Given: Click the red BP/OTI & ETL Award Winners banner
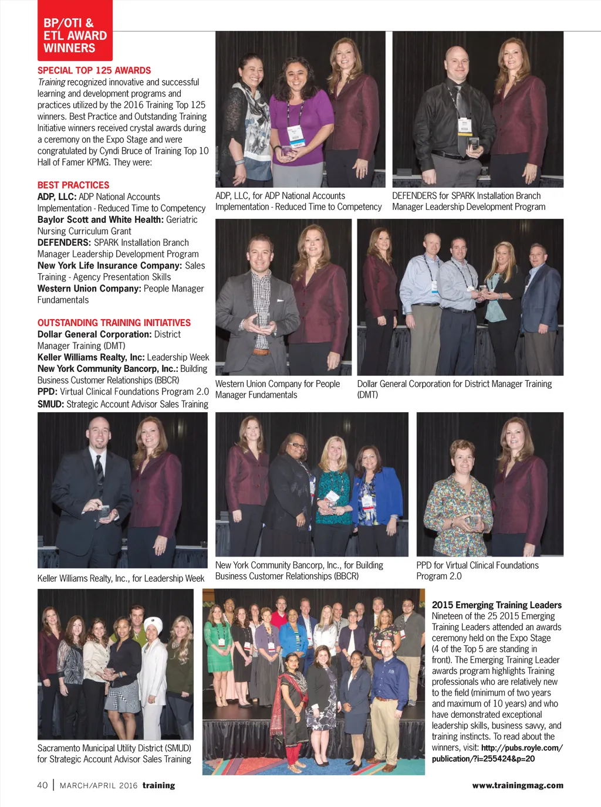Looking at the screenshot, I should [x=75, y=35].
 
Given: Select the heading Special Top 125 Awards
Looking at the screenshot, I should [x=94, y=70].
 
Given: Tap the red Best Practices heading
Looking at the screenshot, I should [x=73, y=185].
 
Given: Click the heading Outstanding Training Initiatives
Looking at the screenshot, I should [x=114, y=323].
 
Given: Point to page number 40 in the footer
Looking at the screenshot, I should [x=42, y=785].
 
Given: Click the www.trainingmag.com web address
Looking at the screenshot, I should [x=517, y=785].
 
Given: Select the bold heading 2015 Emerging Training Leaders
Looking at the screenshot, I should [x=497, y=605].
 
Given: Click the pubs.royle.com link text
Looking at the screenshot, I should [x=521, y=748].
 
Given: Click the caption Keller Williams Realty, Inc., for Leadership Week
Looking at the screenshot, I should [x=121, y=578].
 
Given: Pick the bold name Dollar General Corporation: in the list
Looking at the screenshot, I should [x=94, y=334].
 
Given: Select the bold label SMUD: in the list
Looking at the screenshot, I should [x=50, y=404].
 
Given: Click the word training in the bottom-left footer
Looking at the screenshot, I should [x=158, y=785].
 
